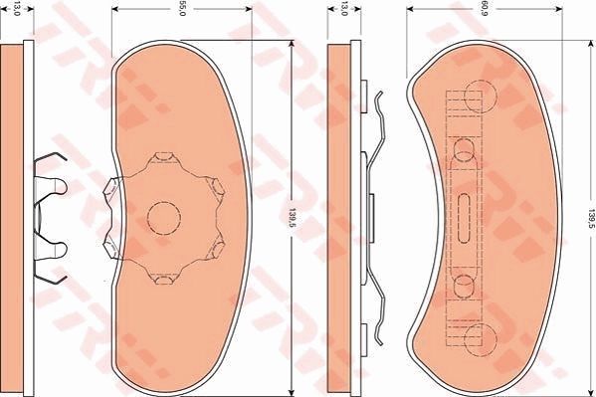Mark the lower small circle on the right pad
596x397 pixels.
point(465,286)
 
